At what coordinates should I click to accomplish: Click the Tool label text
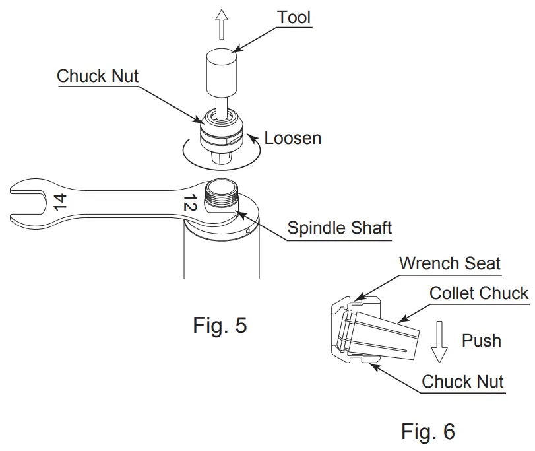click(x=294, y=17)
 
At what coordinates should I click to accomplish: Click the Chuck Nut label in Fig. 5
click(x=98, y=76)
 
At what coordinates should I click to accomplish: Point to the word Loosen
click(x=293, y=138)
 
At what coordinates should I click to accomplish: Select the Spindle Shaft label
click(x=339, y=228)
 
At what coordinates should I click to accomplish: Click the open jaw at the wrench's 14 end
click(x=24, y=201)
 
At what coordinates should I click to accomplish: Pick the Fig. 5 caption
click(x=220, y=325)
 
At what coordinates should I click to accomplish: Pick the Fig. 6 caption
click(x=427, y=431)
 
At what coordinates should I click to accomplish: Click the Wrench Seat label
click(x=449, y=263)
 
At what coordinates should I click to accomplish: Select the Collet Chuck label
click(x=479, y=293)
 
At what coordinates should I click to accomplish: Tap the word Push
click(x=481, y=340)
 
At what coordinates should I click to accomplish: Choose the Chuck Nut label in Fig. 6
click(x=462, y=381)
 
